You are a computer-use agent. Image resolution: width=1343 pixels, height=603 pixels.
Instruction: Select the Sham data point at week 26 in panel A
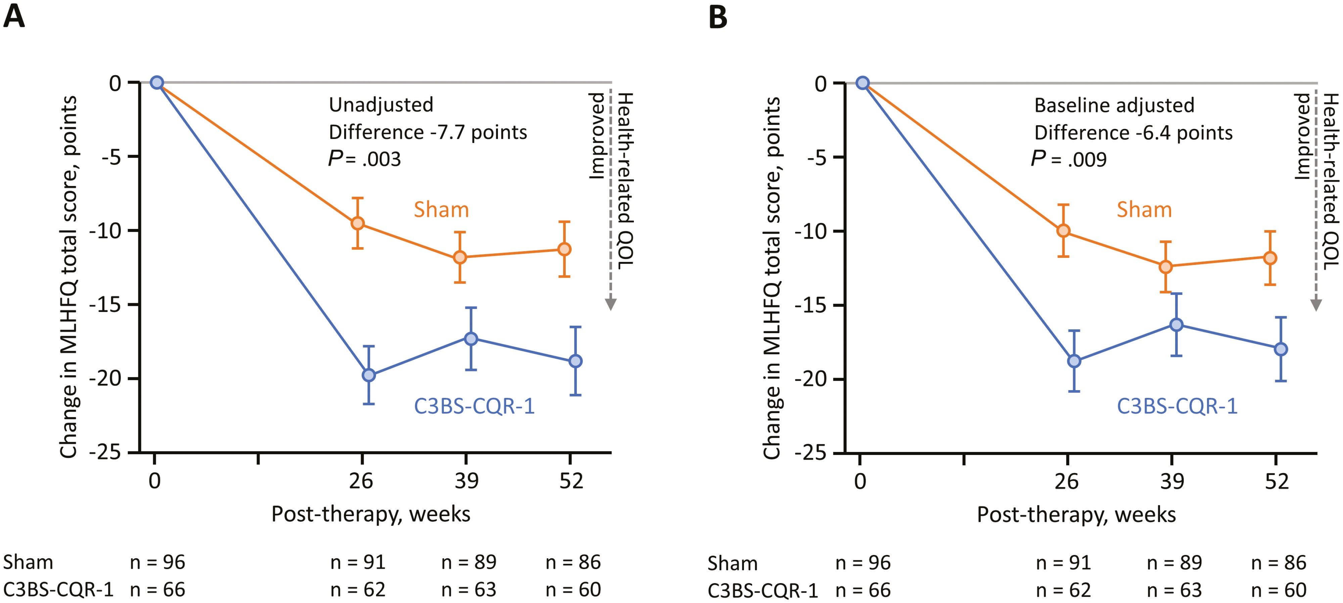pos(358,223)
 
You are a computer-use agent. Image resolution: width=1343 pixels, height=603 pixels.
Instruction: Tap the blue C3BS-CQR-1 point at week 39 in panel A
pos(471,339)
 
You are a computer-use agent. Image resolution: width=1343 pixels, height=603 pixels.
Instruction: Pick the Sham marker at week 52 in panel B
pos(1270,258)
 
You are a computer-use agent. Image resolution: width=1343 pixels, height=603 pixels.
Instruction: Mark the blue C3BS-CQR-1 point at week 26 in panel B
pos(1074,361)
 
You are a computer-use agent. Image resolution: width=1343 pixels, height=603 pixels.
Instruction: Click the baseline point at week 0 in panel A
pos(156,82)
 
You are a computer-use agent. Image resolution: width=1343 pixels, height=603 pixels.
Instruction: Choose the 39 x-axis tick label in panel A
pos(466,480)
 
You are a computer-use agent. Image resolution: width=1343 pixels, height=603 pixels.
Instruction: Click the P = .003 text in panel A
pos(364,159)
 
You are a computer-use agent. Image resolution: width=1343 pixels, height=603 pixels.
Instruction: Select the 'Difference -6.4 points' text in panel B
pos(1133,133)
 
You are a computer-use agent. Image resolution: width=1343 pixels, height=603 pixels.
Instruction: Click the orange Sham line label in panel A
pos(441,210)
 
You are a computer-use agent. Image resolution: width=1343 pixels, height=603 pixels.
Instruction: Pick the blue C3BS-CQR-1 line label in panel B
pos(1177,406)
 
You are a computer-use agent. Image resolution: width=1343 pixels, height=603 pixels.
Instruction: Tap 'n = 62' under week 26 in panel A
pos(358,590)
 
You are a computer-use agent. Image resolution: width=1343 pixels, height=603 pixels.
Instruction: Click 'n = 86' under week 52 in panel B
pos(1278,563)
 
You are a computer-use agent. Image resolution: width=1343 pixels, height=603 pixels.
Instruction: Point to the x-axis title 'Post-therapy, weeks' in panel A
pos(371,514)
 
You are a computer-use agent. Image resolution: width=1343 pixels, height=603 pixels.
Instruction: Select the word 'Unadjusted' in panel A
pos(381,105)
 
